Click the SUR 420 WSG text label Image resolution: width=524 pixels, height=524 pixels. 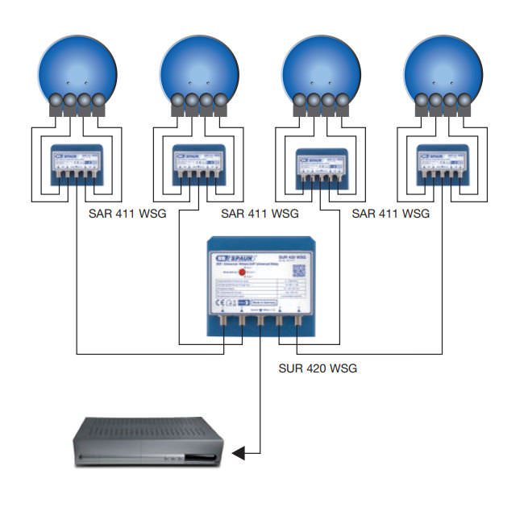click(x=311, y=368)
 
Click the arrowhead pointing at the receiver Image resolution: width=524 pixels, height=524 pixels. click(x=239, y=455)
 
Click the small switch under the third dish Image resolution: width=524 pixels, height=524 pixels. click(x=322, y=165)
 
